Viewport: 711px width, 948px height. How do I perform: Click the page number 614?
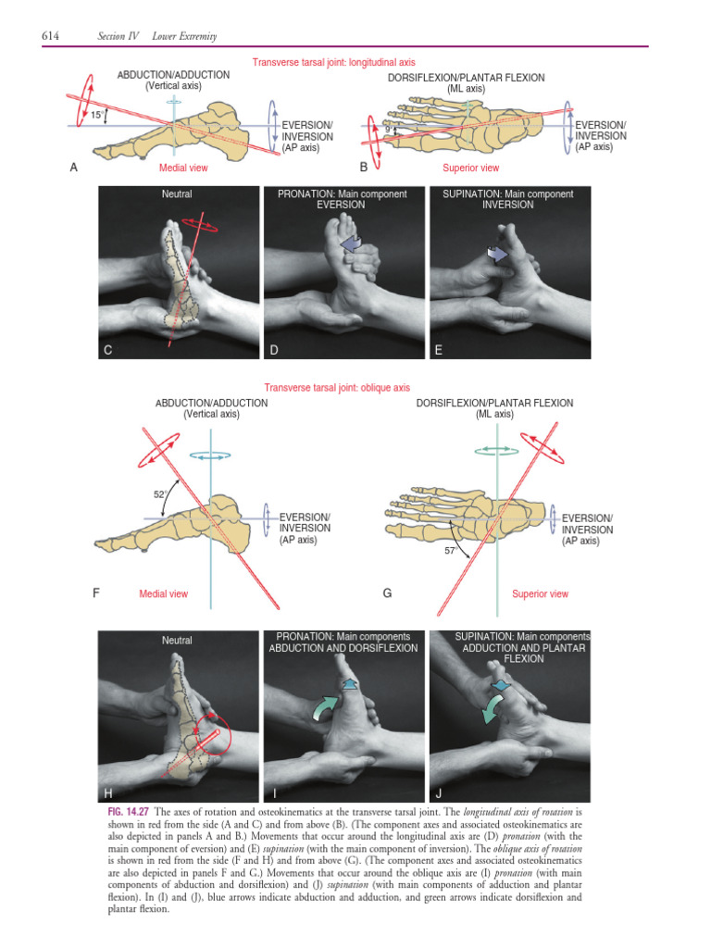[51, 35]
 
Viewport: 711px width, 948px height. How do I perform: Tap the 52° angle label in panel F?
[159, 493]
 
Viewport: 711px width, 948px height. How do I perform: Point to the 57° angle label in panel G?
[452, 549]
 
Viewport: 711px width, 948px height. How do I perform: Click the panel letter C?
[108, 350]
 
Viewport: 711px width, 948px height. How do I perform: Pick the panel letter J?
[439, 793]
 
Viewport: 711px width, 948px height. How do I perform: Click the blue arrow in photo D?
[351, 242]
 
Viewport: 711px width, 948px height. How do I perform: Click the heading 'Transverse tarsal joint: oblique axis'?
[337, 388]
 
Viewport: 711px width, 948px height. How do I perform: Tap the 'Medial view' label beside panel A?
[183, 168]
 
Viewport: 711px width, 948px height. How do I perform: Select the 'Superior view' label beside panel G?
[540, 593]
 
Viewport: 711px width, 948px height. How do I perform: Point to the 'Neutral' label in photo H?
[177, 641]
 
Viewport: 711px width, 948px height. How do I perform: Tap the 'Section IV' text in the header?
[117, 35]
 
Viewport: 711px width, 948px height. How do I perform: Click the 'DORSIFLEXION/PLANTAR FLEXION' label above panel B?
[467, 78]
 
